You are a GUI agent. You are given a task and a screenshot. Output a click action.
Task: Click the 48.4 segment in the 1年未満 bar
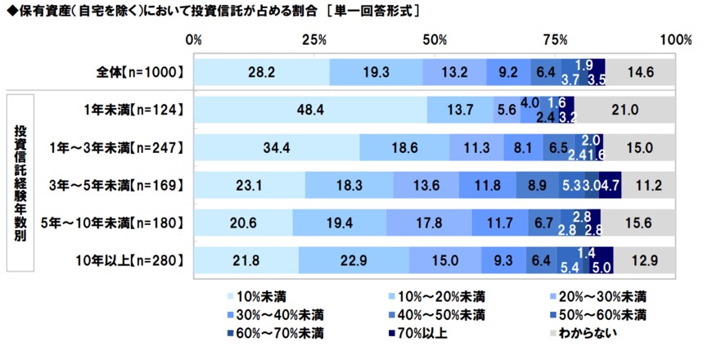[311, 109]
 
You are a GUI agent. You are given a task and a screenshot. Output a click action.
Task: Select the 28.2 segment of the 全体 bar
[262, 72]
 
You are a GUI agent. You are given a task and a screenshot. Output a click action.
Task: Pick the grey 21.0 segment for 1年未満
[624, 109]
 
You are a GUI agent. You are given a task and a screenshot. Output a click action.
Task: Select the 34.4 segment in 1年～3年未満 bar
[277, 146]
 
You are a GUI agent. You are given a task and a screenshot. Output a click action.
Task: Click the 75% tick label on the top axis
[556, 40]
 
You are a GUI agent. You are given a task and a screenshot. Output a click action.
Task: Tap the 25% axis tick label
[314, 40]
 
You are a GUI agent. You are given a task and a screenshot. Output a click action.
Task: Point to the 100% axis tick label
[675, 40]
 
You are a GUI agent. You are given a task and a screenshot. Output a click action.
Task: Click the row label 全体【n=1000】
[137, 72]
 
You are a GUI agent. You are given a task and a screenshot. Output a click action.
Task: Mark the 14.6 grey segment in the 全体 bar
[640, 72]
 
